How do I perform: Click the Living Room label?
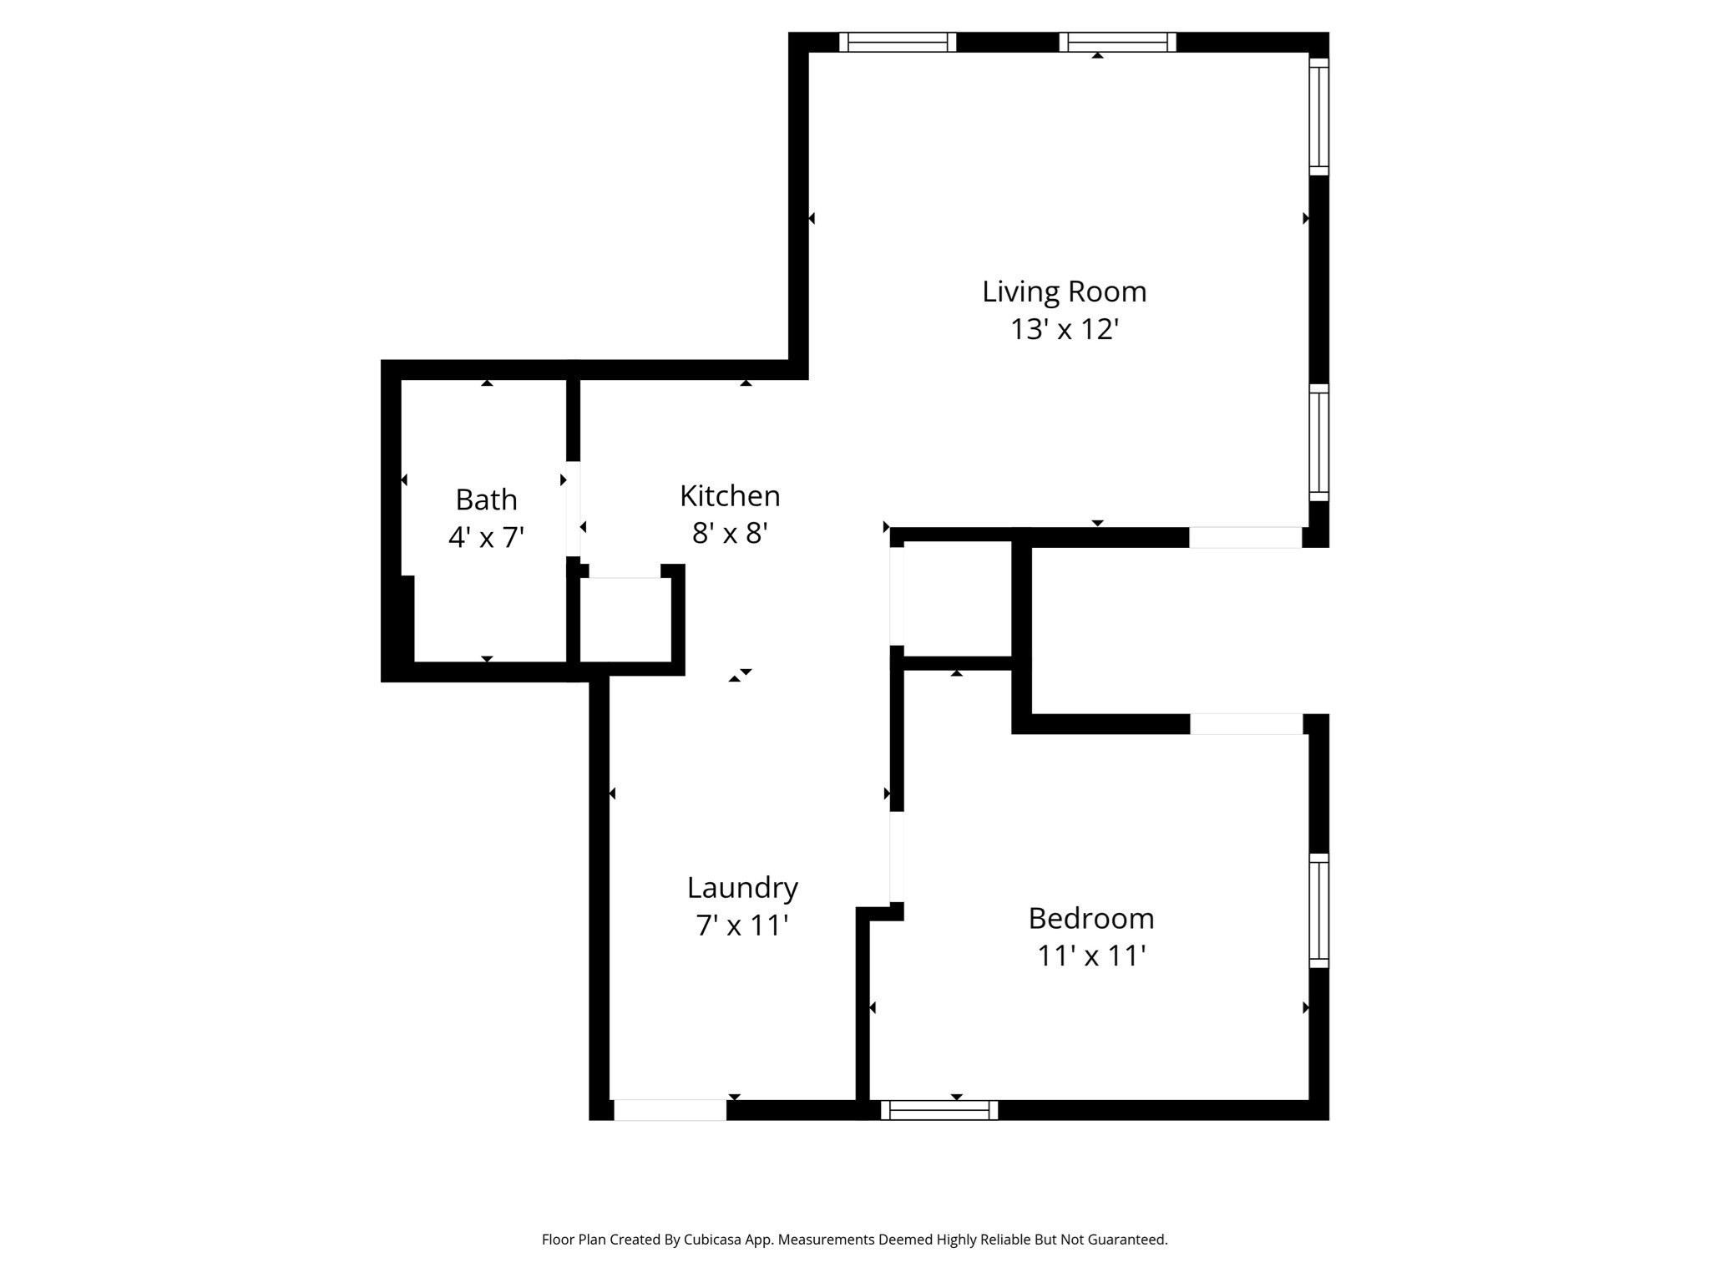[1064, 292]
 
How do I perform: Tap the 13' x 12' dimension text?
[1064, 329]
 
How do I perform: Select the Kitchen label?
[730, 496]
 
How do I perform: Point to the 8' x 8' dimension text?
[730, 533]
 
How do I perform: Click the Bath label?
[486, 500]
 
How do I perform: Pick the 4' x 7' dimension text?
[486, 537]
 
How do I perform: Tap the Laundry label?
[742, 887]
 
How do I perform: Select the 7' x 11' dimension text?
[742, 925]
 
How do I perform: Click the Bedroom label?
[1090, 918]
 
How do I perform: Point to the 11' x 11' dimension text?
[1090, 956]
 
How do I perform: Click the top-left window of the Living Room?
[898, 42]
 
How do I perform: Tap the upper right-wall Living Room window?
[1318, 117]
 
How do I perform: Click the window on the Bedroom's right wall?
[1318, 910]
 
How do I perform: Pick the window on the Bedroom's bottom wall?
[939, 1110]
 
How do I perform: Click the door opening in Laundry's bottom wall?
[670, 1110]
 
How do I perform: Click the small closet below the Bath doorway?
[625, 620]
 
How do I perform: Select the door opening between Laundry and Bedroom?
[897, 857]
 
